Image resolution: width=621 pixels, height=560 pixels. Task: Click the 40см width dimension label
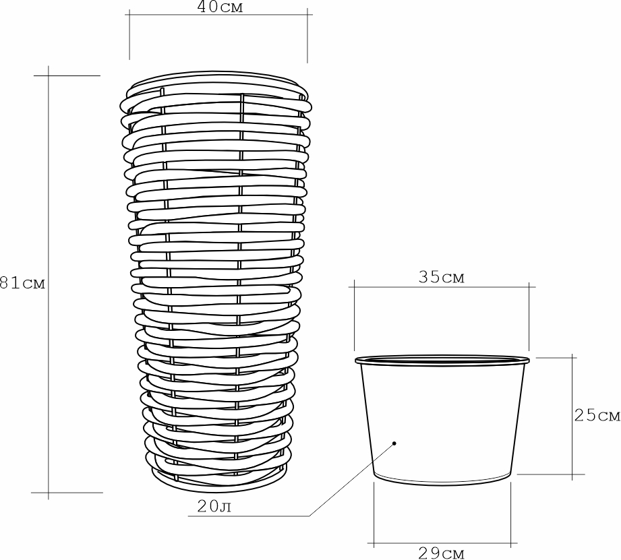pos(220,7)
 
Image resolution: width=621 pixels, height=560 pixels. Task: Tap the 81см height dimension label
pos(22,283)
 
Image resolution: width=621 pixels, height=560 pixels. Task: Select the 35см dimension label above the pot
pos(441,277)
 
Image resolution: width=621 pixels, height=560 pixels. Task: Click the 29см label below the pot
pos(441,553)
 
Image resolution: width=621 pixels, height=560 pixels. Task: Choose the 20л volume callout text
pos(214,506)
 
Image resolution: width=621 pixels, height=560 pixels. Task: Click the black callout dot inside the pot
pos(394,443)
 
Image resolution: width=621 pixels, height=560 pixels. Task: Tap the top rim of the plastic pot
pos(442,360)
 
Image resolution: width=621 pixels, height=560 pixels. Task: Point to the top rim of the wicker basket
pos(216,79)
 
